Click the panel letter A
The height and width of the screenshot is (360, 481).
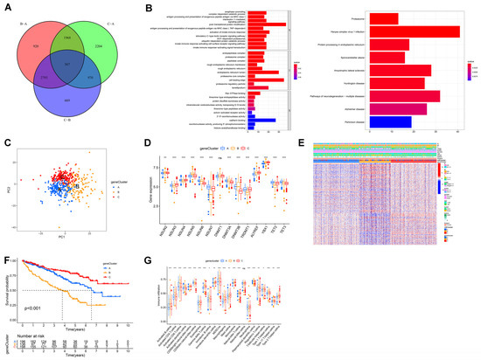click(6, 7)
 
